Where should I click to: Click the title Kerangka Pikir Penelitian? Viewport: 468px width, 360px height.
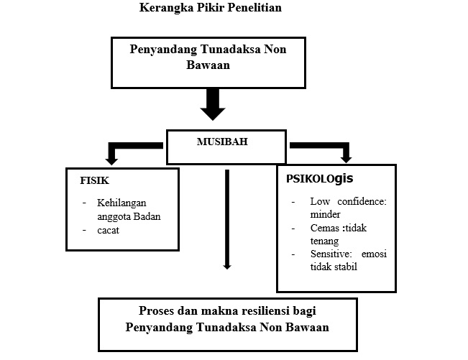pos(211,8)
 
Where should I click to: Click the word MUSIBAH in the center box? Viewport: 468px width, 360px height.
pos(222,142)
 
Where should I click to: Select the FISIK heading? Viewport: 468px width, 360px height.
pos(95,180)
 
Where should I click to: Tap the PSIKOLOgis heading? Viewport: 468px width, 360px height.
pos(320,179)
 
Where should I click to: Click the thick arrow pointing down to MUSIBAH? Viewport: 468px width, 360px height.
pos(213,104)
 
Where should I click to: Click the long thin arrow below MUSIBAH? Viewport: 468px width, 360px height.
pos(227,219)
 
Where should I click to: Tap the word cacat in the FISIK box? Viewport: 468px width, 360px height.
pos(108,231)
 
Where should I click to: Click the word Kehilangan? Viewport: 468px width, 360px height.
pos(121,203)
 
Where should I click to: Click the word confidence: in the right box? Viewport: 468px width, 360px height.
pos(362,202)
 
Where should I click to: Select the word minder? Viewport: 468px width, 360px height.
pos(325,214)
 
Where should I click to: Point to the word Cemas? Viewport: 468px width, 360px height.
pos(323,229)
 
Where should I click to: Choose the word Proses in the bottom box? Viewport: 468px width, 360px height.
pos(156,311)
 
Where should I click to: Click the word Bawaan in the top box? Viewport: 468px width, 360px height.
pos(208,65)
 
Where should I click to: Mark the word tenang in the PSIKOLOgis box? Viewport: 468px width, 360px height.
pos(324,241)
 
